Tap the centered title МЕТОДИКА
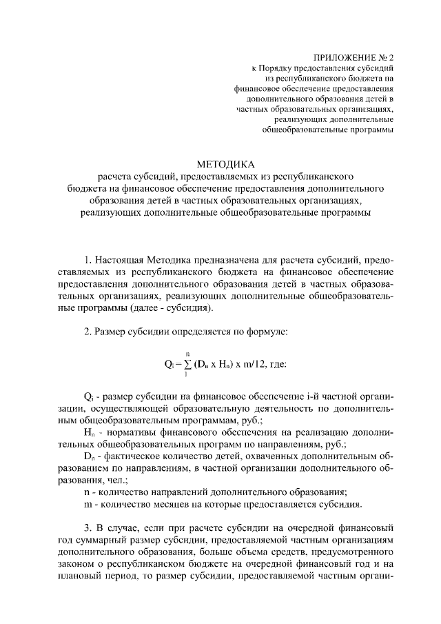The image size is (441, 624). click(225, 164)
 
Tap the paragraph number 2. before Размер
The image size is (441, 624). click(88, 331)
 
